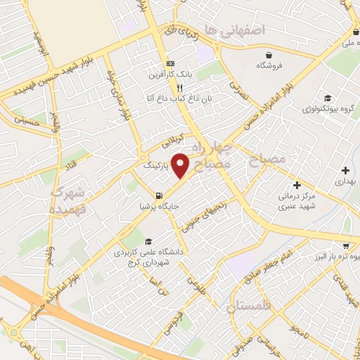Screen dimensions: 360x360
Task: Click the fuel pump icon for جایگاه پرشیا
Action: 160,195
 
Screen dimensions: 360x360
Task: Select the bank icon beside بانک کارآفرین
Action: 169,63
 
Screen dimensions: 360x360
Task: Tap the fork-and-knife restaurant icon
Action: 180,89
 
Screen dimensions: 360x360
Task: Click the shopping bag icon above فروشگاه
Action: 269,55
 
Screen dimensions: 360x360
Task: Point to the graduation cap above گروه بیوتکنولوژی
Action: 327,98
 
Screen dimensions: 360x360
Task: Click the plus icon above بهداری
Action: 345,170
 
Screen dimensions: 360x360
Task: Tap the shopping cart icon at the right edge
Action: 346,245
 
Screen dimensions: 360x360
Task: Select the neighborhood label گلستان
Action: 250,307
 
